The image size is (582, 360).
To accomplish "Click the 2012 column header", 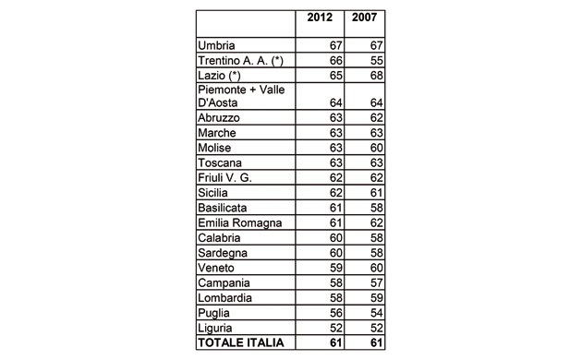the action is (x=319, y=18).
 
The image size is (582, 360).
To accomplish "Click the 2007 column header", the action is (x=366, y=18).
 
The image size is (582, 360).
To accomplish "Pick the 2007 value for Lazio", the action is (x=373, y=74).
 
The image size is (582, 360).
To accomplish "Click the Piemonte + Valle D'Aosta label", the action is (x=241, y=96).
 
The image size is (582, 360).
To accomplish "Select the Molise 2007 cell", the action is (x=373, y=148).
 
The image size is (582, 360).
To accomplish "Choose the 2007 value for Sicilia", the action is (x=373, y=192).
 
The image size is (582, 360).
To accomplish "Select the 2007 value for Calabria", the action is (x=373, y=236).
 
